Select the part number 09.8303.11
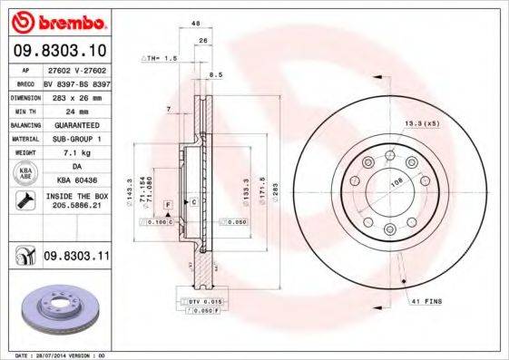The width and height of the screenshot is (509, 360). coord(75,258)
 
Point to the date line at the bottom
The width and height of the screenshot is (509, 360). coord(56,355)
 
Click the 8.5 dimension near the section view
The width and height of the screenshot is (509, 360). coord(215,75)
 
